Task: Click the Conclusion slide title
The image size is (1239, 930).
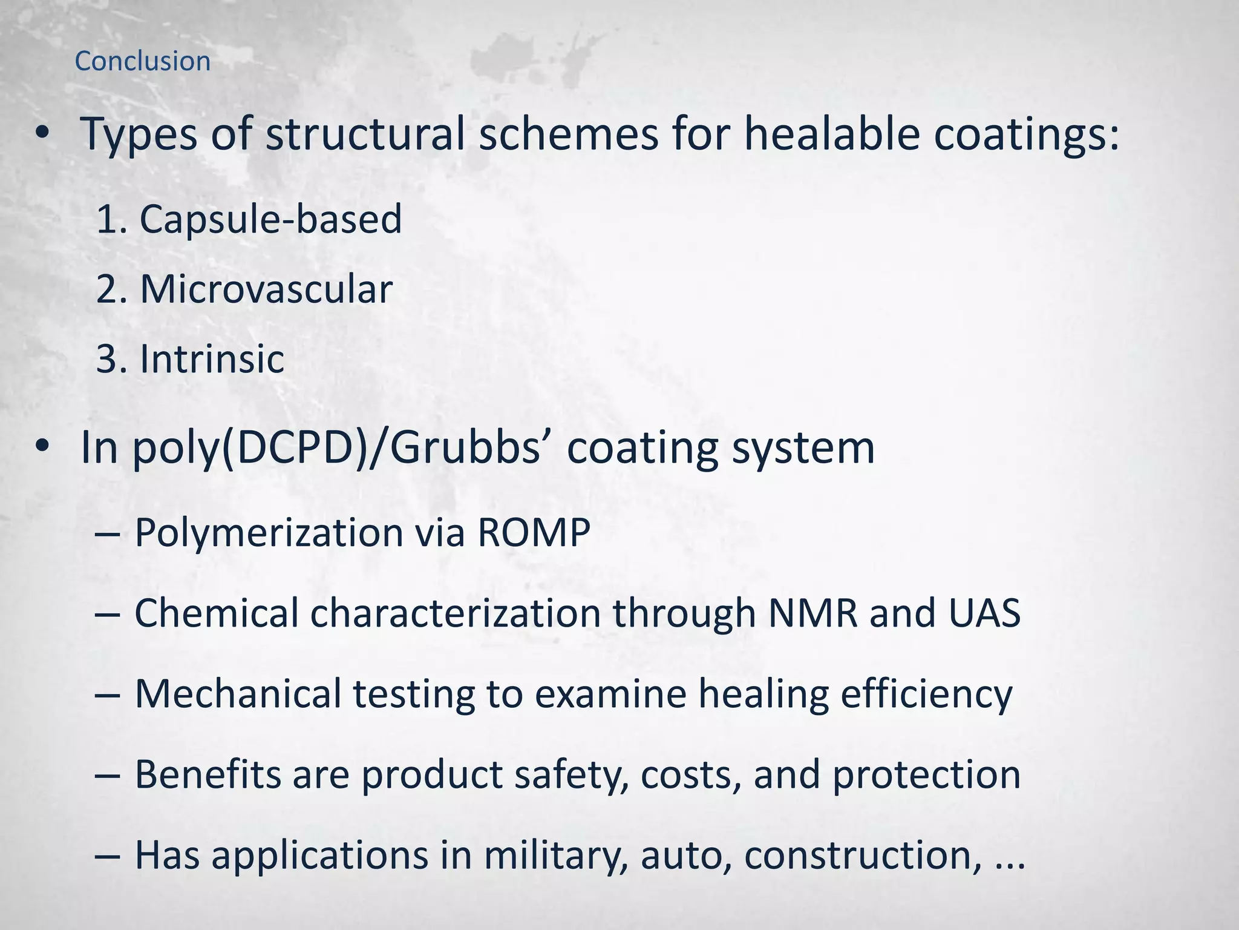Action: point(142,61)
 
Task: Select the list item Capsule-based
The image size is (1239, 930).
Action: point(270,219)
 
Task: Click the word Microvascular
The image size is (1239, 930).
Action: point(266,289)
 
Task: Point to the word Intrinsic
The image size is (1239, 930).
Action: point(212,359)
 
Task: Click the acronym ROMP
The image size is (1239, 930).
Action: point(534,533)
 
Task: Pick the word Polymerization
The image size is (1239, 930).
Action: point(269,533)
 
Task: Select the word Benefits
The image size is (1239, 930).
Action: point(208,774)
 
